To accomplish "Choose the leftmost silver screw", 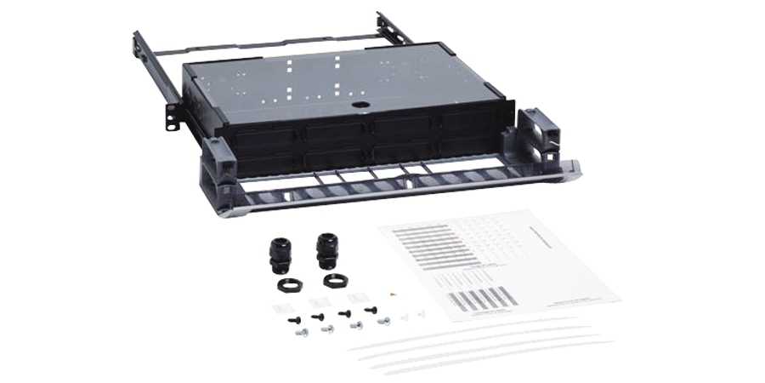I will click(301, 333).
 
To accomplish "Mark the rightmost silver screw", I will click(384, 321).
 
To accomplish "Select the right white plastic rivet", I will click(423, 314).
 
